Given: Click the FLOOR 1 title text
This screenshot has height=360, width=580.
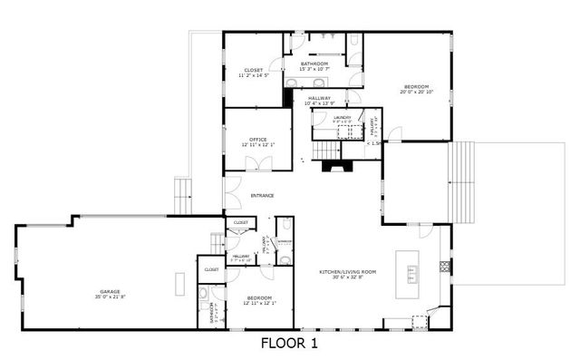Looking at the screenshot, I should pos(289,344).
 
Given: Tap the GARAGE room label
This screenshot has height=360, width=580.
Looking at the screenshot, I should pos(110,291).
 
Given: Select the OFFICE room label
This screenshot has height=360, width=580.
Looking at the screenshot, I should pos(257,139).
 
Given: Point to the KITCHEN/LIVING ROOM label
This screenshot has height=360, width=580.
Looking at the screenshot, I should pos(347,272).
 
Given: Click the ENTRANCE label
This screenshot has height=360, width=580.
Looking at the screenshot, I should pos(263,196).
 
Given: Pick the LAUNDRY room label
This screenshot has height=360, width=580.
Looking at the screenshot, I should pos(342,118).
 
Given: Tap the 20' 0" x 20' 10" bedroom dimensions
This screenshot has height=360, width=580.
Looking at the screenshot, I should pos(418,92).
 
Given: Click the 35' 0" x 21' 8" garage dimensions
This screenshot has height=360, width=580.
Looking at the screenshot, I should pos(110,297).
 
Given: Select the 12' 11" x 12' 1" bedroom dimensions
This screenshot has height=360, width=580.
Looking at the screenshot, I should pos(259,303).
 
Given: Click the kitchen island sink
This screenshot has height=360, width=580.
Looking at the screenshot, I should pos(412,270).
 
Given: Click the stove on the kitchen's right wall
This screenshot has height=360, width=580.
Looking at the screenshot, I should pos(443,267).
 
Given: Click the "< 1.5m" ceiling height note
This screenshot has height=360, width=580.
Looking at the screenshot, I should pos(373,142).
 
